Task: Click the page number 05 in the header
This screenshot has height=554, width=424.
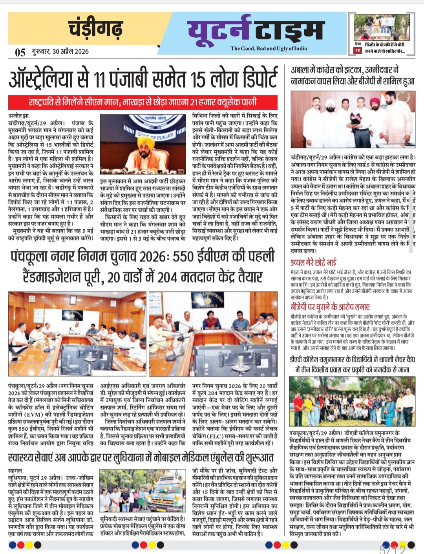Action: [20, 52]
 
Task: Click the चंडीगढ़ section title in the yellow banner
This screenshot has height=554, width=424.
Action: [95, 28]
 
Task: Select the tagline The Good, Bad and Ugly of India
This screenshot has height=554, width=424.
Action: [269, 48]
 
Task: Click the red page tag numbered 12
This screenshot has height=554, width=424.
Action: [357, 50]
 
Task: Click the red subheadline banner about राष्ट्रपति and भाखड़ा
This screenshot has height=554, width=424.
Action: [143, 102]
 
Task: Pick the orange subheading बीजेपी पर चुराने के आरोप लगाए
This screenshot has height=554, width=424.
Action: [330, 307]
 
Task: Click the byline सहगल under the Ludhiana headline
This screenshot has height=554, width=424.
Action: [15, 470]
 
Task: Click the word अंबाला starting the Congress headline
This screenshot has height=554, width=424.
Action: [300, 70]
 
